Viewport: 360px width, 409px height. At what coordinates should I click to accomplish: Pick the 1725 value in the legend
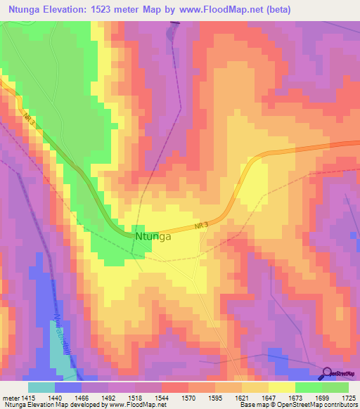tap(348, 397)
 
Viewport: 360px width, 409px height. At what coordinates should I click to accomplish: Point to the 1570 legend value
tap(188, 397)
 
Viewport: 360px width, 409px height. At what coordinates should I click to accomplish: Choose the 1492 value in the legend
tap(108, 397)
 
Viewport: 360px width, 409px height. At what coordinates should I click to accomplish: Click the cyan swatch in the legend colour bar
tap(41, 387)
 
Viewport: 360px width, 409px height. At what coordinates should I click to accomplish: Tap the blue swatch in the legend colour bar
tap(68, 387)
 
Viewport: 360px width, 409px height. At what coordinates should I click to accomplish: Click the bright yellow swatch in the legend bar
tap(282, 387)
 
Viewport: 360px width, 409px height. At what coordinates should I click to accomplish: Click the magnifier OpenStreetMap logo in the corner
tap(328, 374)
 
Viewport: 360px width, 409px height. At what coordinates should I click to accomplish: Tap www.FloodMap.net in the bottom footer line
tap(136, 405)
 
